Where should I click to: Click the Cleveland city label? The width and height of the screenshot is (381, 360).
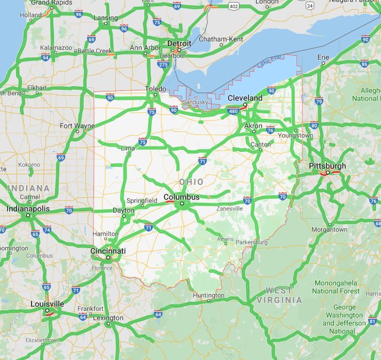(245, 98)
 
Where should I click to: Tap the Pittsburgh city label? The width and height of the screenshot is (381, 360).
(327, 166)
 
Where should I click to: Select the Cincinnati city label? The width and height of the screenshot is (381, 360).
(108, 251)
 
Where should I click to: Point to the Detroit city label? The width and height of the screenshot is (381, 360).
(179, 43)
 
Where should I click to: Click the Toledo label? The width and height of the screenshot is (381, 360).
(155, 89)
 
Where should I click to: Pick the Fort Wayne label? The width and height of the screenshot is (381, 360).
(77, 126)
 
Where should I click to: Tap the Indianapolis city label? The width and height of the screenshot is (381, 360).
(28, 209)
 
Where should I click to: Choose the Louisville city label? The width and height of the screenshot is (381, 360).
(47, 304)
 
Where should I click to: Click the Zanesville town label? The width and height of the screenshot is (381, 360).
(229, 208)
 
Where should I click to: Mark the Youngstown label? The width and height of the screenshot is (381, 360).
(296, 135)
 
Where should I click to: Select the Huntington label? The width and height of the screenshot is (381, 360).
(208, 295)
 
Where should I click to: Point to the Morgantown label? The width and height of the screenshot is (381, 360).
(329, 229)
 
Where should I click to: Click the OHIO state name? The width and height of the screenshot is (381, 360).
(191, 182)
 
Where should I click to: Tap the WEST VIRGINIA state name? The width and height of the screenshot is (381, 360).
(279, 295)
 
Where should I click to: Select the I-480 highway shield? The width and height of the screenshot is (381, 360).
(232, 111)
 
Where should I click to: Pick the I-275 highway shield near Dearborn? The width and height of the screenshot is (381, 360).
(163, 65)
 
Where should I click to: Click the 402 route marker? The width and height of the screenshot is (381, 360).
(233, 6)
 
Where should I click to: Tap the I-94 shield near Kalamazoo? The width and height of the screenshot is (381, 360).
(46, 58)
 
